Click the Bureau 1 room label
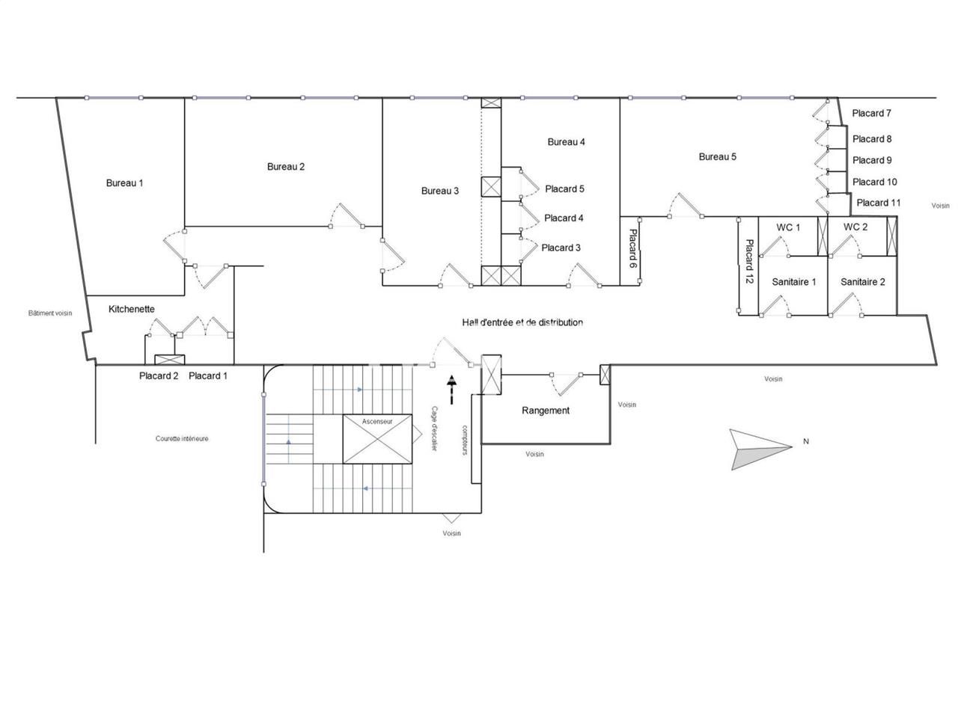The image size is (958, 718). pyautogui.click(x=124, y=182)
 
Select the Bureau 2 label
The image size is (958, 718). pyautogui.click(x=286, y=166)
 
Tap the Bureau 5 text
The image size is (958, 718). pyautogui.click(x=718, y=156)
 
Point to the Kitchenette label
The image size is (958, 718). pyautogui.click(x=132, y=308)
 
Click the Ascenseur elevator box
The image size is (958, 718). pyautogui.click(x=377, y=438)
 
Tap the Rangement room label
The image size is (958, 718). pyautogui.click(x=546, y=410)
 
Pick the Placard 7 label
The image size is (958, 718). pyautogui.click(x=872, y=113)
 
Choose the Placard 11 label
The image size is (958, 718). pyautogui.click(x=879, y=203)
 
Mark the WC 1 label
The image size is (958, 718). pyautogui.click(x=788, y=227)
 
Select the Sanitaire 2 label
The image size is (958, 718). pyautogui.click(x=863, y=282)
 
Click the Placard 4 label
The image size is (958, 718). pyautogui.click(x=564, y=218)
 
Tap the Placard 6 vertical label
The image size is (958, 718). pyautogui.click(x=632, y=250)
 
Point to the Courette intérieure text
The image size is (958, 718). pyautogui.click(x=182, y=438)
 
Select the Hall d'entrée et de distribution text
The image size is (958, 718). pyautogui.click(x=522, y=322)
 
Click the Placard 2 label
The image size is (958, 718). pyautogui.click(x=159, y=375)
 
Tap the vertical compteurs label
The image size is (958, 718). pyautogui.click(x=464, y=441)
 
